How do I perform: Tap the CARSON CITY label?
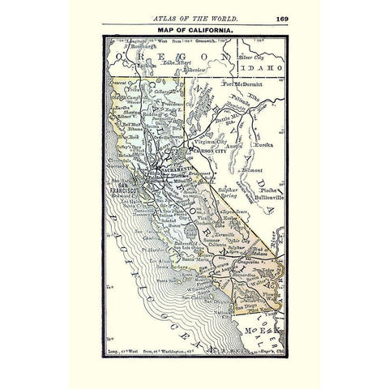click(x=206, y=151)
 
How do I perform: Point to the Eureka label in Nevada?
click(x=266, y=143)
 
